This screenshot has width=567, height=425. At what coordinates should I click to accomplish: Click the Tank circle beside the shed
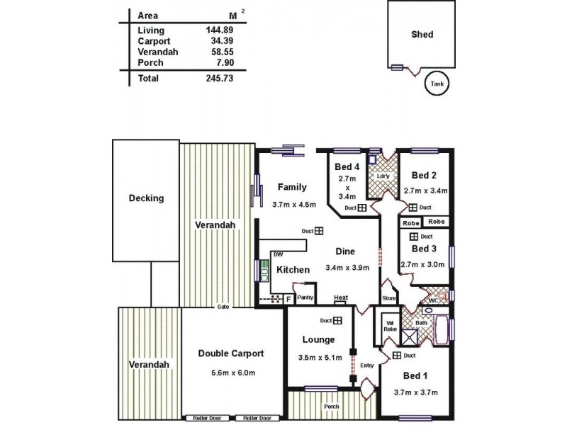pos(437,84)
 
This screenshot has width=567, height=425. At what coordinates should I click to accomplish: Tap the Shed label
pos(422,34)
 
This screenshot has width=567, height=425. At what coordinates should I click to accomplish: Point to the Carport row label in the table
pos(154,41)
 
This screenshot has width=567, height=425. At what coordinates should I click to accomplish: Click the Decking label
pos(145,198)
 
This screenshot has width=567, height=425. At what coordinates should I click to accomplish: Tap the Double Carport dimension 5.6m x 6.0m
pos(231,373)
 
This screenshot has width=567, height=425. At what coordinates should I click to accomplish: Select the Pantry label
pos(305,297)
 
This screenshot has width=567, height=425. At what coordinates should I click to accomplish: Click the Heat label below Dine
pos(341,297)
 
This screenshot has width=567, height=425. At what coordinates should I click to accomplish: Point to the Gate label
pos(223,307)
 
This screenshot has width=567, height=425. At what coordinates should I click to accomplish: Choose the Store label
pos(388,297)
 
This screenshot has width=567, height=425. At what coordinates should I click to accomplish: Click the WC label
pos(433,300)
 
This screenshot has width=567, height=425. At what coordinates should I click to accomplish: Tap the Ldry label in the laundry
pos(383,176)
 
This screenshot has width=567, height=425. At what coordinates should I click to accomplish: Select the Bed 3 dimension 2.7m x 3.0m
pos(422,264)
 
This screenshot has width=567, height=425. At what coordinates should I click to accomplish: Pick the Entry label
pos(366,365)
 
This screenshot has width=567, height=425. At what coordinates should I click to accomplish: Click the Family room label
pos(292,187)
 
